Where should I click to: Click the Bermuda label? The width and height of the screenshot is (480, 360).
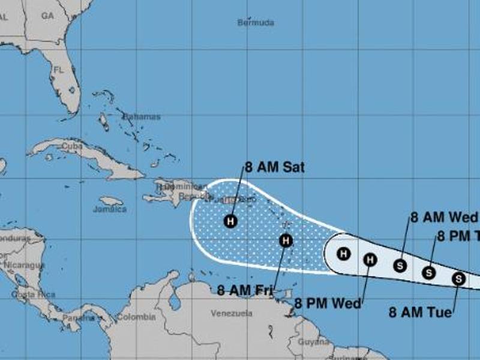[x=256, y=23]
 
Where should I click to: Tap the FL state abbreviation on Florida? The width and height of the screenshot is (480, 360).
[x=59, y=70]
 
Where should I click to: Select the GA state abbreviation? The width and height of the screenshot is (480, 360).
[x=47, y=16]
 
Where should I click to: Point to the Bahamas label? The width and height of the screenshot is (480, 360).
[x=142, y=116]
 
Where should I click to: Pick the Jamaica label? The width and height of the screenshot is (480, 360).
[x=110, y=209]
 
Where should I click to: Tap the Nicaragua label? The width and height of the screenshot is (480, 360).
[x=24, y=265]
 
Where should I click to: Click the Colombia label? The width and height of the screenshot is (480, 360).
[x=136, y=317]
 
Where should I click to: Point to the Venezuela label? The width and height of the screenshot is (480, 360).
[x=232, y=313]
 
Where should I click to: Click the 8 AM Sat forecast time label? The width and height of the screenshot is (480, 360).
[x=274, y=167]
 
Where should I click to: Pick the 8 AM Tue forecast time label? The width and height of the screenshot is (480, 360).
[x=419, y=312]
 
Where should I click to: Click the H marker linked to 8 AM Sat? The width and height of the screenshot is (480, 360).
[x=230, y=221]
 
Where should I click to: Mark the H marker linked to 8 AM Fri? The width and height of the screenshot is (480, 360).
[x=286, y=241]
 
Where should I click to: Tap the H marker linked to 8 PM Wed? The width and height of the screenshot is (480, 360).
[x=370, y=259]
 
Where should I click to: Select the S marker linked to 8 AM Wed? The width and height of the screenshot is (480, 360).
[x=400, y=265]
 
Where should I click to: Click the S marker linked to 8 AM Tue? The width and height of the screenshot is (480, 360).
[x=458, y=278]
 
